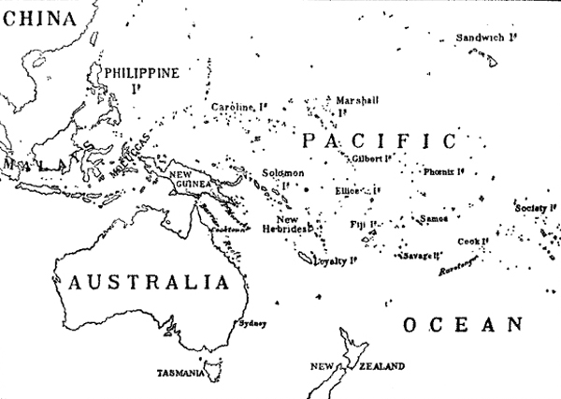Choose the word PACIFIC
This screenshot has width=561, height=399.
coord(379,142)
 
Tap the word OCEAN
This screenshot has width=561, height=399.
coord(460,325)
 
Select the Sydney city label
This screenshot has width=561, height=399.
coord(253,324)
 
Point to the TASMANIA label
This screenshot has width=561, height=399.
coord(181,373)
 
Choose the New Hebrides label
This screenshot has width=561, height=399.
coord(280,223)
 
